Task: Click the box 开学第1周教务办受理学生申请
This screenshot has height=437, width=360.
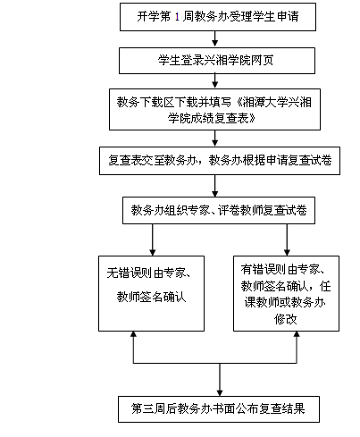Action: tap(218, 17)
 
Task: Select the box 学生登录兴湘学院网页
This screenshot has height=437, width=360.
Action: tap(217, 61)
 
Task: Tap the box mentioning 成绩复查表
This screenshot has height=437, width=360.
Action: tap(214, 109)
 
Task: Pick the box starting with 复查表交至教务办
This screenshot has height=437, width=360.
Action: tap(220, 161)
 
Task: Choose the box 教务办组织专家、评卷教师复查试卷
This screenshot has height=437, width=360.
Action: tap(219, 210)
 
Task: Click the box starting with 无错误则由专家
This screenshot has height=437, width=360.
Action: tap(151, 293)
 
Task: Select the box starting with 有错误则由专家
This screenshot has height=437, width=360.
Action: tap(286, 293)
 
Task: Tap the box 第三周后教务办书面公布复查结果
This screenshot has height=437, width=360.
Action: tap(219, 409)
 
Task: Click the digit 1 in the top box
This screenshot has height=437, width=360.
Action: tap(177, 17)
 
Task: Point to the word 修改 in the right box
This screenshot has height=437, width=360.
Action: tap(286, 319)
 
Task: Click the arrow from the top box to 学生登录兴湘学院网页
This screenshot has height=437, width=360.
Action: tap(214, 39)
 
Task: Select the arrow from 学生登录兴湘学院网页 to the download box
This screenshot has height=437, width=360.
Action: tap(214, 81)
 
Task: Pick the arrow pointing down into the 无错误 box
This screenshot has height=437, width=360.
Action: tap(153, 240)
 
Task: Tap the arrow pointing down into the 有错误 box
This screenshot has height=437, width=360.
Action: tap(287, 240)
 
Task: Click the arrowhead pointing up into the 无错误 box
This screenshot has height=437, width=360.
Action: tap(133, 334)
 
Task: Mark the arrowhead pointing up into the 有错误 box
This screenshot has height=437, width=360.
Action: tap(297, 334)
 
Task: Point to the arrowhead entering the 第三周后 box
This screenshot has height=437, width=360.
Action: tap(220, 393)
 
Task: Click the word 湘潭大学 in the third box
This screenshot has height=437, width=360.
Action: tap(266, 102)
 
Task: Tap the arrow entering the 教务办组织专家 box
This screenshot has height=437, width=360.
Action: tap(214, 186)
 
